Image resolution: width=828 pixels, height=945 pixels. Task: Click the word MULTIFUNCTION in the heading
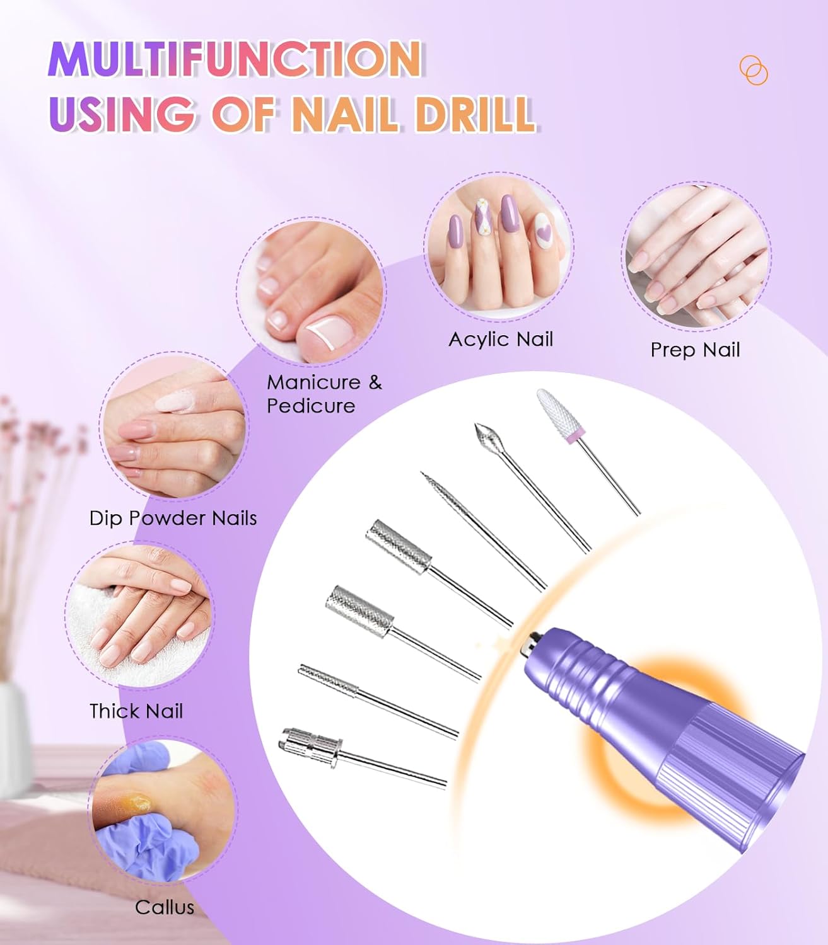(x=235, y=59)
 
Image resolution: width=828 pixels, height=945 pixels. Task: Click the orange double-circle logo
(x=754, y=70)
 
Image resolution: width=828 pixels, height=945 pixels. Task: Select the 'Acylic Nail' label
(x=501, y=340)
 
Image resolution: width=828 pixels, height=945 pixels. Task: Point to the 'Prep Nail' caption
(x=695, y=350)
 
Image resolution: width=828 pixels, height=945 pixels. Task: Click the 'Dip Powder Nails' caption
(x=173, y=518)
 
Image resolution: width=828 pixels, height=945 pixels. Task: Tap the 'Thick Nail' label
(x=136, y=711)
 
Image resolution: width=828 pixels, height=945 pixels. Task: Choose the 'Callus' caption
(x=165, y=907)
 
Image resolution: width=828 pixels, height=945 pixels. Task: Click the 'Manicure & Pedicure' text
(x=324, y=394)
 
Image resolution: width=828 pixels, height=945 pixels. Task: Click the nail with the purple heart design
(x=543, y=231)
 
